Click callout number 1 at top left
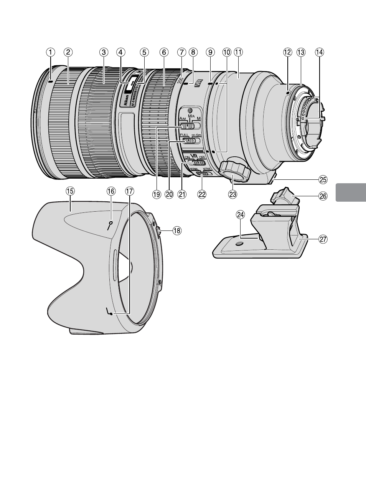click(50, 52)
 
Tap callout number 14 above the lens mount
click(319, 52)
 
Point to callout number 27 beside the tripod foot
click(323, 239)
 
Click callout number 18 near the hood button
click(176, 230)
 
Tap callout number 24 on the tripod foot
click(241, 216)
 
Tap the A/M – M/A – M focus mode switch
click(188, 126)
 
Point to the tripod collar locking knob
click(235, 169)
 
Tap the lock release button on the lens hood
click(158, 230)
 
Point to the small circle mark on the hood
click(110, 223)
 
